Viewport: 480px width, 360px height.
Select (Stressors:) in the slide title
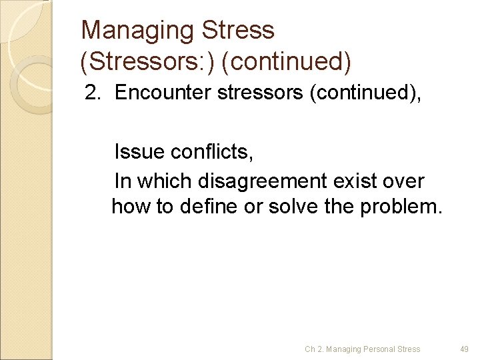(148, 62)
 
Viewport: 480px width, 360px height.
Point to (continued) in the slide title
(287, 62)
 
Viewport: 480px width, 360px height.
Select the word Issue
(139, 153)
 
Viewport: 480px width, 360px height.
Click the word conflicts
(212, 153)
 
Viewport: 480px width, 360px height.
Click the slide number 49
(464, 349)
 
